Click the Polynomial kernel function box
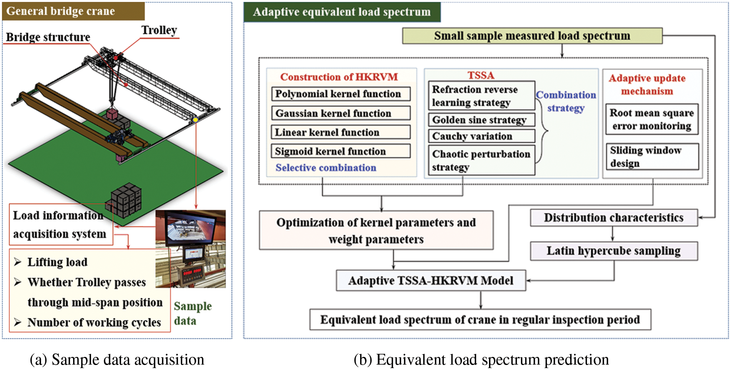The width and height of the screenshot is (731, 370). pyautogui.click(x=340, y=94)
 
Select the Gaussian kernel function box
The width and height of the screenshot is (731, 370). pyautogui.click(x=340, y=113)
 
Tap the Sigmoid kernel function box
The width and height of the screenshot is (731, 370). pyautogui.click(x=340, y=151)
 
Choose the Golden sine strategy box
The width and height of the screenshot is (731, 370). pyautogui.click(x=481, y=120)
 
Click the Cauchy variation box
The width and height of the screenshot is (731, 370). pyautogui.click(x=481, y=136)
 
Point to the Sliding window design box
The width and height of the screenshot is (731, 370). pyautogui.click(x=652, y=156)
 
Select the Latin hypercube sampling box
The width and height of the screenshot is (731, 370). pyautogui.click(x=614, y=251)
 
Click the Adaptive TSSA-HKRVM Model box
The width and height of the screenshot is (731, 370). pyautogui.click(x=431, y=281)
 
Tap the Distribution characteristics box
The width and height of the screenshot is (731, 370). pyautogui.click(x=614, y=218)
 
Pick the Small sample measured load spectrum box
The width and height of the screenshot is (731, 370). pyautogui.click(x=532, y=36)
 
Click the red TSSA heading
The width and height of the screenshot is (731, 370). pyautogui.click(x=481, y=75)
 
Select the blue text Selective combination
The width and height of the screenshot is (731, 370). pyautogui.click(x=325, y=168)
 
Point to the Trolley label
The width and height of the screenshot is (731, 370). pyautogui.click(x=159, y=30)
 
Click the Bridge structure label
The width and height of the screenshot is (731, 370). pyautogui.click(x=48, y=37)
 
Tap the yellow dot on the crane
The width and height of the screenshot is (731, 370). pyautogui.click(x=195, y=120)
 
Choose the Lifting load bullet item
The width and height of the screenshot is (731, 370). pyautogui.click(x=57, y=262)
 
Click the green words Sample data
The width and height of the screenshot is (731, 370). pyautogui.click(x=192, y=313)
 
